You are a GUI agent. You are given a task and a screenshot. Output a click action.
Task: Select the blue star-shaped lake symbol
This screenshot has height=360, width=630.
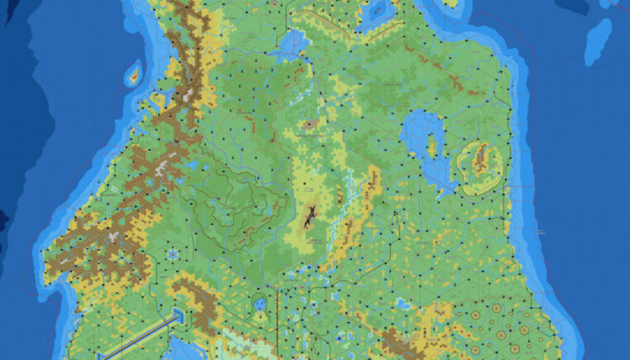click(172, 254)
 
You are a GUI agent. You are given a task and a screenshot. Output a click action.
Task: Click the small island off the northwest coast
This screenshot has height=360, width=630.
click(133, 76)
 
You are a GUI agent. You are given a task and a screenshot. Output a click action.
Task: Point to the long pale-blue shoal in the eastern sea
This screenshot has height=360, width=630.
click(597, 41)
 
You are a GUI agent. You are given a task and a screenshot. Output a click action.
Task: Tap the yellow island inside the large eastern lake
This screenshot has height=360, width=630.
click(432, 146)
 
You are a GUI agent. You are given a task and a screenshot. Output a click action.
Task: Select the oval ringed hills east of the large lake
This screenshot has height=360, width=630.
click(480, 167)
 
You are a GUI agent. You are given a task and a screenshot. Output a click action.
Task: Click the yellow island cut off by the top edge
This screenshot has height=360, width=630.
click(452, 3)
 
